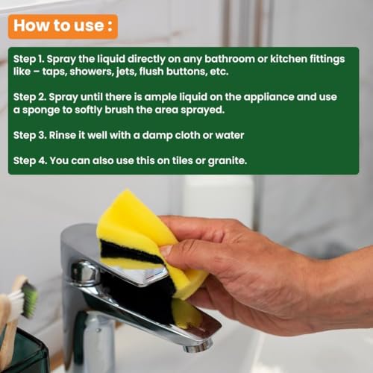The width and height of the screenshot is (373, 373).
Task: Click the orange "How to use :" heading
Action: pos(63,26)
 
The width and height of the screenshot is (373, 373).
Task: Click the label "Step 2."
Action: pos(30,97)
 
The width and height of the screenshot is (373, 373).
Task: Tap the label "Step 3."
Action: pos(30,136)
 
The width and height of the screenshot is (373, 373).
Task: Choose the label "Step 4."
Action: pos(30,161)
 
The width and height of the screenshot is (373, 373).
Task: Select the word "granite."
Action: pos(228,161)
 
